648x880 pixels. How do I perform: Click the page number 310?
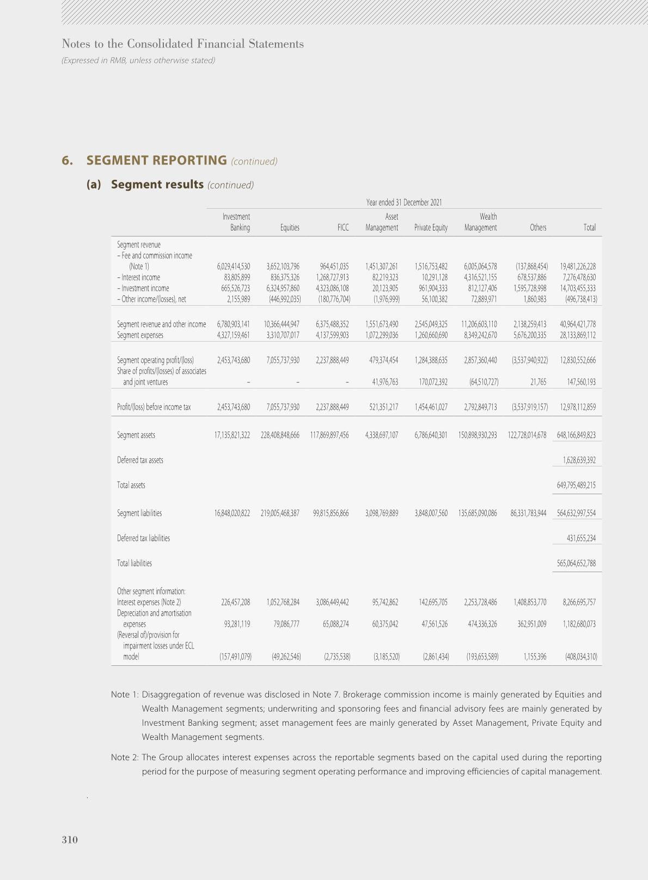(x=70, y=840)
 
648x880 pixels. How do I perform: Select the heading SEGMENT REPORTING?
(x=156, y=160)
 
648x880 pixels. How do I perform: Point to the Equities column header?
(x=290, y=228)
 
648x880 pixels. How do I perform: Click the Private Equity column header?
(x=431, y=228)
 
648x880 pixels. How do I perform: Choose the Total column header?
(x=589, y=228)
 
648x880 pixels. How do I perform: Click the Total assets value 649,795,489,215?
(x=576, y=485)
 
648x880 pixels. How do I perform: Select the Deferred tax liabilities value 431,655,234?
(x=581, y=538)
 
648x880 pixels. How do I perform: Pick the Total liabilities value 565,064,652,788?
(x=576, y=563)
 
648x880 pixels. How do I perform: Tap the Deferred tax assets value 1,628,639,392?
(x=579, y=460)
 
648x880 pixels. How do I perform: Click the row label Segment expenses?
(x=140, y=335)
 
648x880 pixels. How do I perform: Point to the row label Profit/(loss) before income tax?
(x=154, y=407)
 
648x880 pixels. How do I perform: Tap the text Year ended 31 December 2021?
(x=404, y=202)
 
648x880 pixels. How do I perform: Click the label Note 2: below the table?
(x=125, y=757)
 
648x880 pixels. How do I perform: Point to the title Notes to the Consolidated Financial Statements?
(x=183, y=44)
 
